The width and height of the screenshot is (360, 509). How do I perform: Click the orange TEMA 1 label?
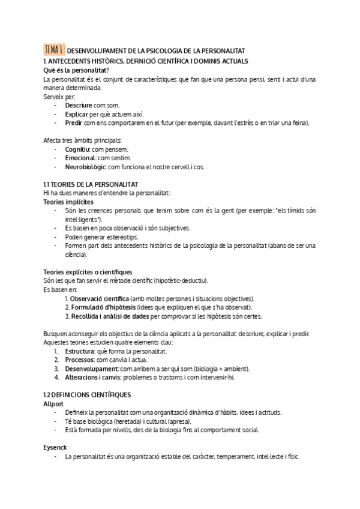click(x=54, y=50)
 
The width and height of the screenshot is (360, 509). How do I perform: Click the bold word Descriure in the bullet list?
click(x=78, y=104)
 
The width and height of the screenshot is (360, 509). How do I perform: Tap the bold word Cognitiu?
click(x=77, y=149)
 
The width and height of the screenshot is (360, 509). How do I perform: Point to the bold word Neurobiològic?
click(x=86, y=166)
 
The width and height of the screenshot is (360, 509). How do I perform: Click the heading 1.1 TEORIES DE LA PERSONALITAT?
click(x=91, y=184)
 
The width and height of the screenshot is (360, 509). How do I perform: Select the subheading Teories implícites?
click(x=68, y=202)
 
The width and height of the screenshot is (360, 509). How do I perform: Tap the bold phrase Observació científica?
click(x=99, y=299)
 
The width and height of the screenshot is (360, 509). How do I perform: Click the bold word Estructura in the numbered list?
click(x=80, y=351)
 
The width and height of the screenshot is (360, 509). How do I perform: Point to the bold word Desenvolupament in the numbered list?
click(x=91, y=369)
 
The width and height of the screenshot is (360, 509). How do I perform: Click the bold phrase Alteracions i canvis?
click(x=94, y=378)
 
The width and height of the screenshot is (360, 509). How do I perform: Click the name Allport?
click(x=53, y=404)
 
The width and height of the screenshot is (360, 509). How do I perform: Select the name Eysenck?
click(x=55, y=447)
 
